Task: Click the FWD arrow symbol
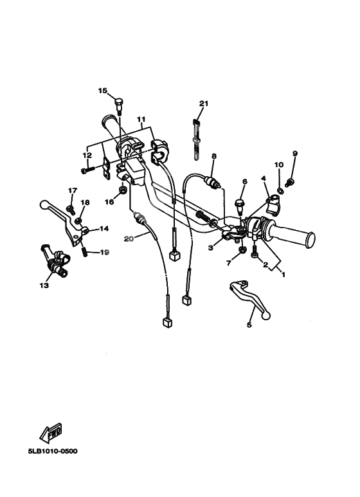click(x=51, y=433)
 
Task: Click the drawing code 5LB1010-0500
click(x=53, y=451)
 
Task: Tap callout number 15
click(x=103, y=91)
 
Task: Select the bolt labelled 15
click(x=119, y=106)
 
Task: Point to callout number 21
click(x=204, y=104)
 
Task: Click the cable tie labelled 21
click(x=197, y=139)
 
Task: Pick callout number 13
click(x=44, y=285)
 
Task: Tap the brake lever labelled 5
click(x=249, y=298)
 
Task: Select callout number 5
click(x=249, y=325)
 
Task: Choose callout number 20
click(x=129, y=239)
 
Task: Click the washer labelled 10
click(x=280, y=190)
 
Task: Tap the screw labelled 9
click(x=289, y=183)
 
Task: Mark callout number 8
click(x=214, y=156)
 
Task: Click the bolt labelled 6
click(x=239, y=205)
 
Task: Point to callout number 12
click(x=87, y=156)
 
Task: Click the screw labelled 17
click(x=70, y=209)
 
